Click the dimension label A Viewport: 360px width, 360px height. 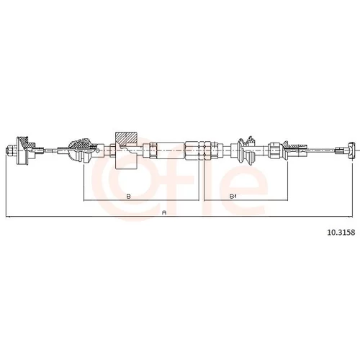point(164,212)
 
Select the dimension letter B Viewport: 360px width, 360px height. point(129,197)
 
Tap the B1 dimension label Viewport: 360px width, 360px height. point(233,197)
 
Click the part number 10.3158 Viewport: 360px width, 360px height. point(341,233)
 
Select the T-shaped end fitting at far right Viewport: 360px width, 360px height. point(351,150)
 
